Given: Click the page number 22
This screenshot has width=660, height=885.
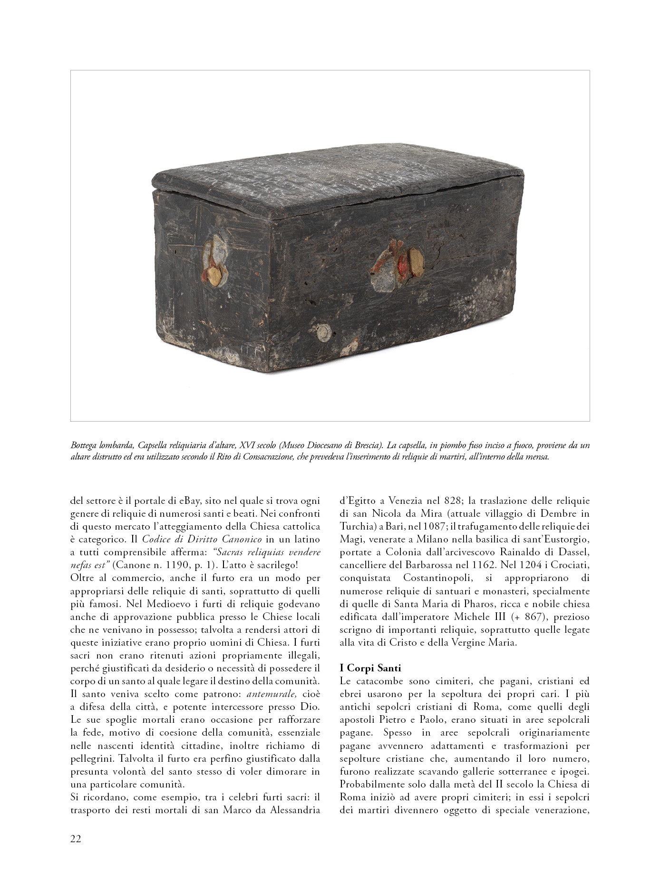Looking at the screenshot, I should [x=76, y=838].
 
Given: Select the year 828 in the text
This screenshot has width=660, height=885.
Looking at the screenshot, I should [x=452, y=501].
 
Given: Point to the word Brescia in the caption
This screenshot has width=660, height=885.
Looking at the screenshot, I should [x=368, y=446].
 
